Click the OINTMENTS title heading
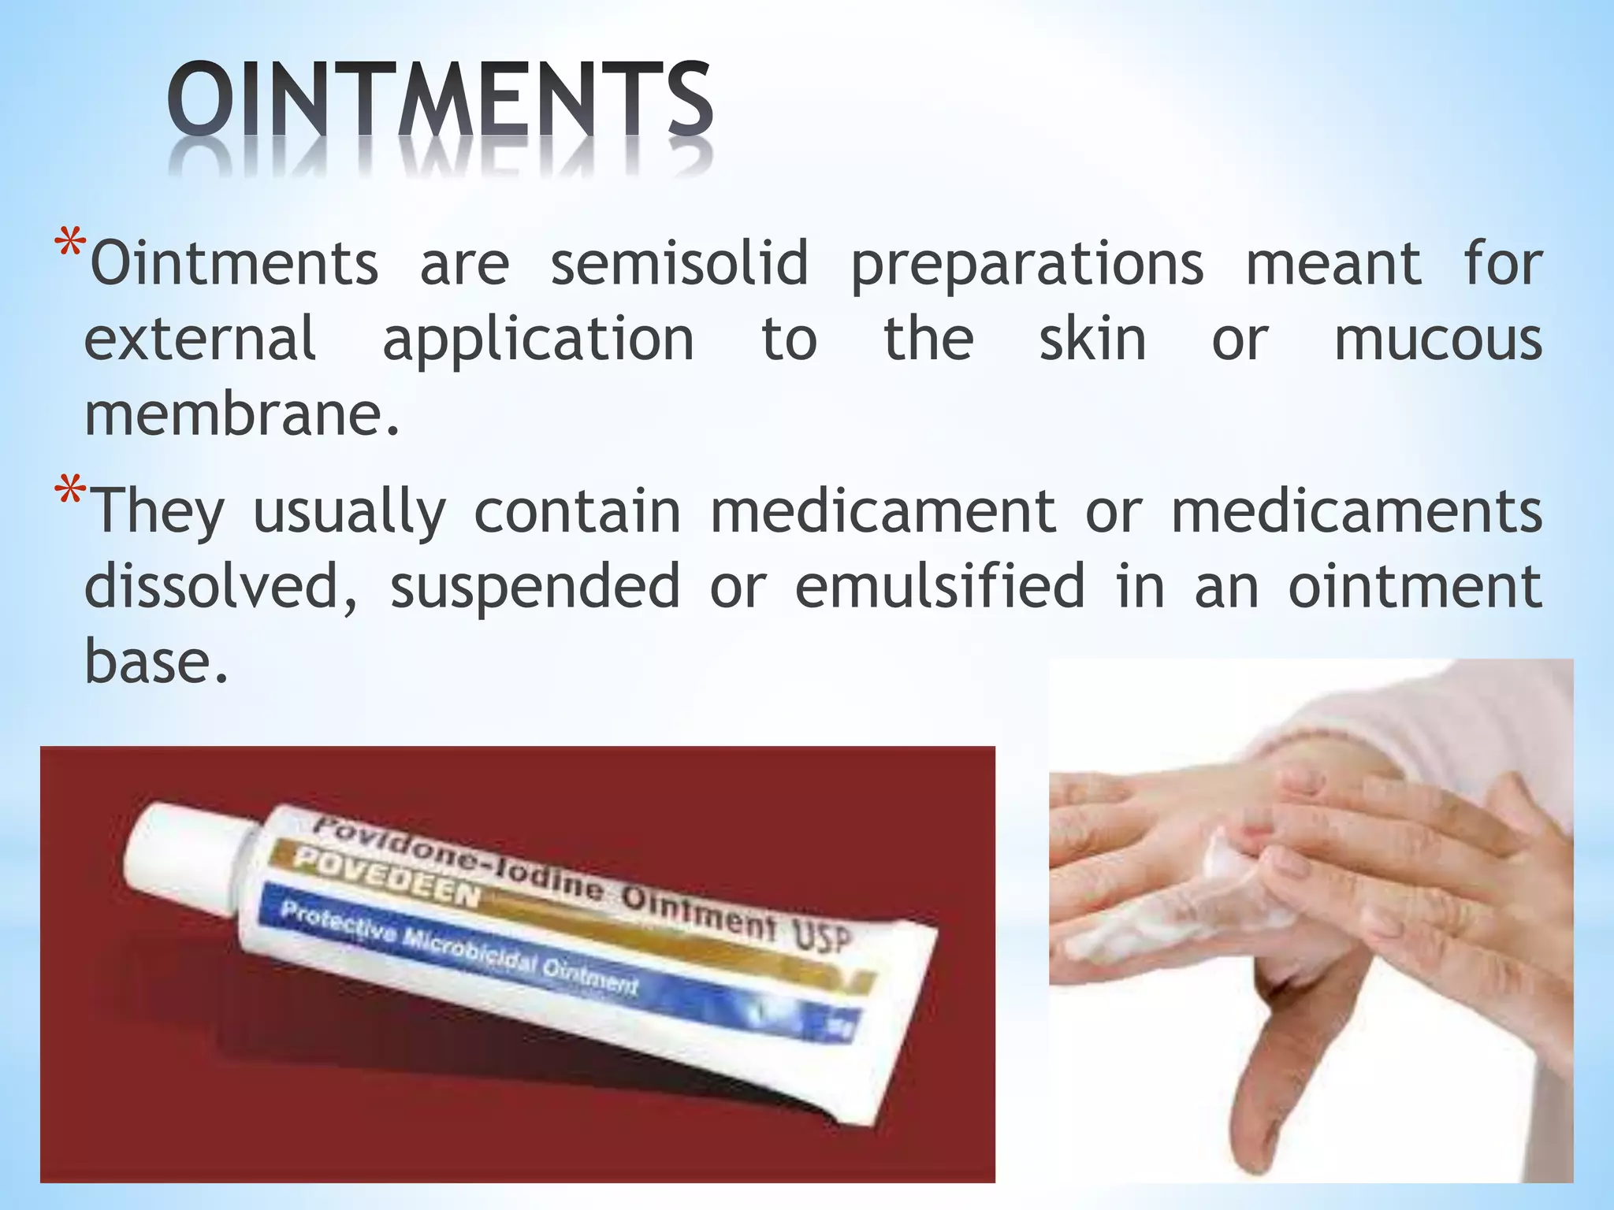(440, 102)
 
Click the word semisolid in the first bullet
(679, 263)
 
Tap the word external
(200, 339)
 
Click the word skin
(1092, 339)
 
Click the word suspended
(535, 588)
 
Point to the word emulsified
(939, 586)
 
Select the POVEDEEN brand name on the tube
(386, 878)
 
